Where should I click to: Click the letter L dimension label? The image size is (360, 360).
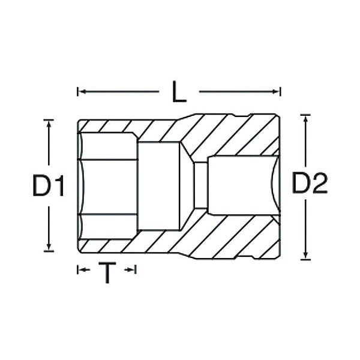point(179,91)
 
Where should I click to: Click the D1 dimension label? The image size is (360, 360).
point(49,185)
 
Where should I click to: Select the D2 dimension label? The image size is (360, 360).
point(310,183)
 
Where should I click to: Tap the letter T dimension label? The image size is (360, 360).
point(107,273)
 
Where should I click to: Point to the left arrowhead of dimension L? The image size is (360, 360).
point(82,92)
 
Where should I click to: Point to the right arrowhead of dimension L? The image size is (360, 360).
point(275,92)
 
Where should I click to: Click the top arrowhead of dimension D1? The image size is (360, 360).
point(49,124)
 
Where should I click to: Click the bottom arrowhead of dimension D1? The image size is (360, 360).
point(49,247)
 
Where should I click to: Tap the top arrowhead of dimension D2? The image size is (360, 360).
point(305,119)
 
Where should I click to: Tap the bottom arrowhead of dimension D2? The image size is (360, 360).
point(305,256)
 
